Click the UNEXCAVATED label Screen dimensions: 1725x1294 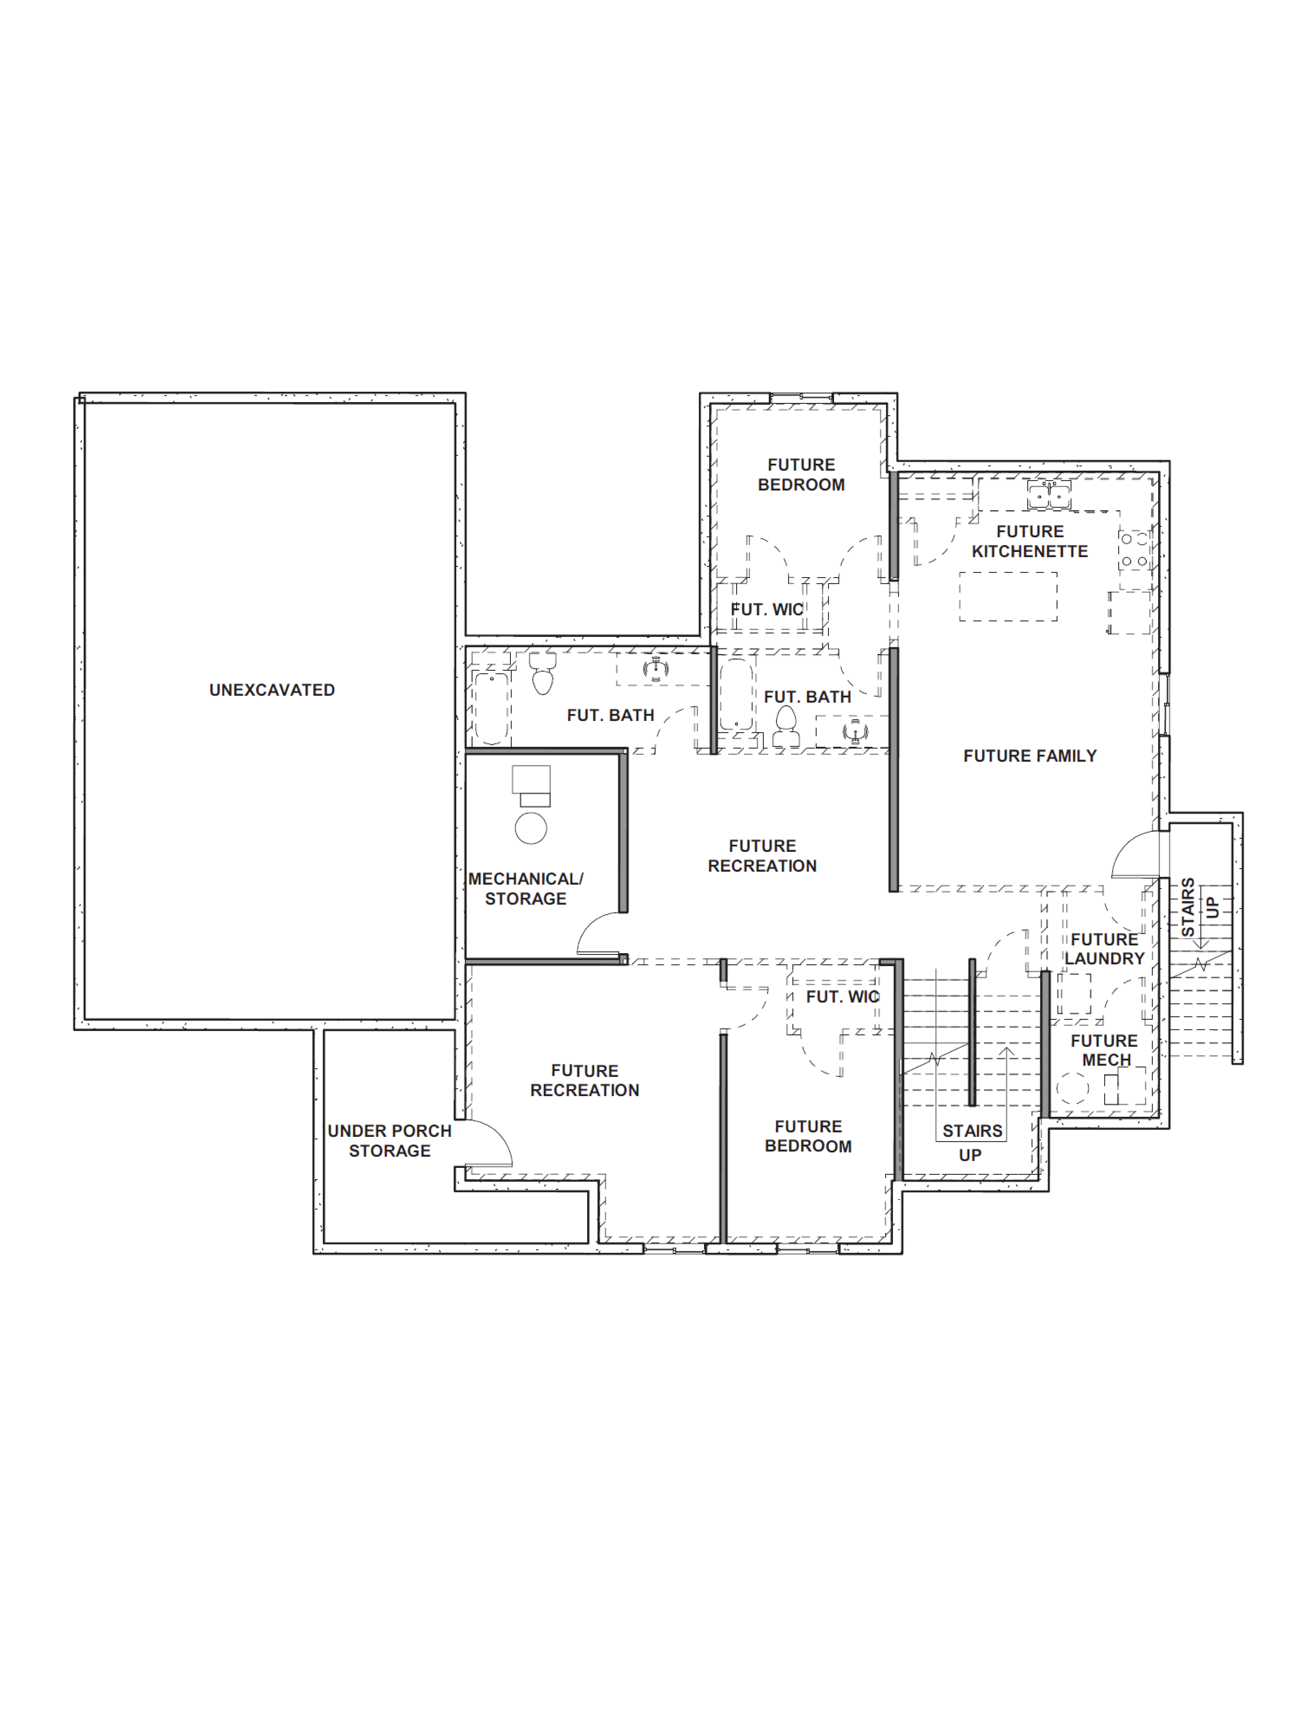[271, 690]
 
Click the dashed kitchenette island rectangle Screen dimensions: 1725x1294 [1008, 597]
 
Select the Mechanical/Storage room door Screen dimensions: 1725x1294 [601, 934]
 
